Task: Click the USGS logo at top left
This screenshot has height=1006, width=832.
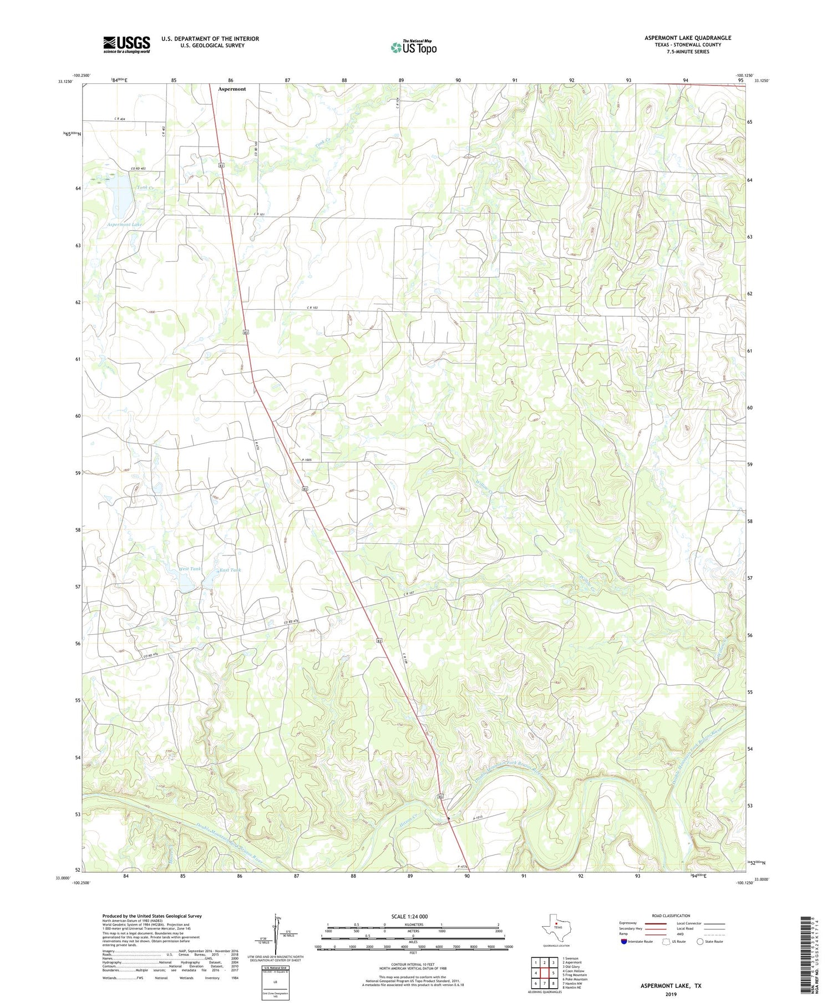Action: click(126, 44)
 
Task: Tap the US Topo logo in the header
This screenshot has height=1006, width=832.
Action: click(413, 48)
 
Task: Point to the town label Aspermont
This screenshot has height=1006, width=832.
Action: click(232, 89)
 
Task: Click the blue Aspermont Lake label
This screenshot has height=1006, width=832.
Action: click(124, 225)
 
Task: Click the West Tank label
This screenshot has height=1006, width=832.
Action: click(190, 569)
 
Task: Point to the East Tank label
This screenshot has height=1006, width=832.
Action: click(230, 570)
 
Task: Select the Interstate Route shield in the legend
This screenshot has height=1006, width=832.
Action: click(625, 941)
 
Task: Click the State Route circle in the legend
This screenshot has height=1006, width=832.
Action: click(700, 941)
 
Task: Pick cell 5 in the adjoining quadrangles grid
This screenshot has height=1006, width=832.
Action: click(553, 972)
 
